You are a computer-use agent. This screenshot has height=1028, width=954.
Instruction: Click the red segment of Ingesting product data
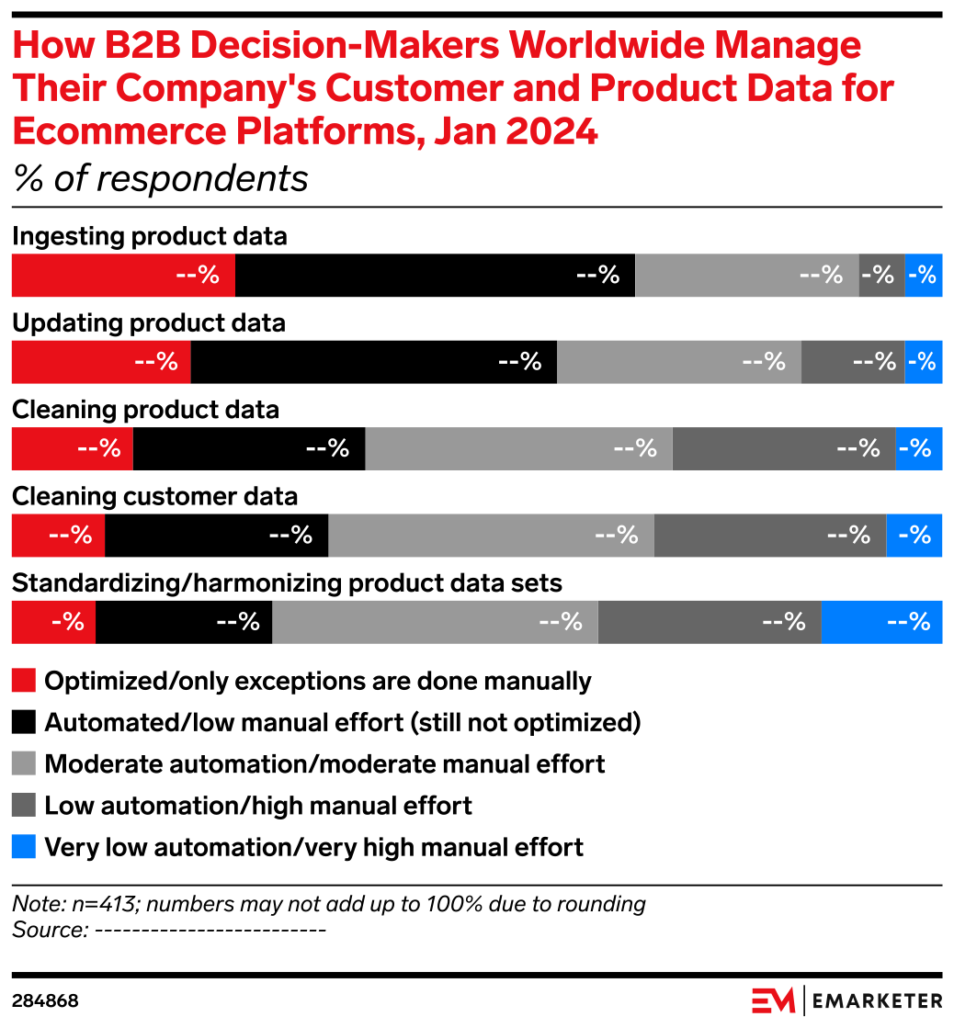pos(122,276)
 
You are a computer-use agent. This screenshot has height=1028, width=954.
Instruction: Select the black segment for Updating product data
pos(373,362)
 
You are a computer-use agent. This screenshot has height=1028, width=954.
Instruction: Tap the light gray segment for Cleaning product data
pos(518,448)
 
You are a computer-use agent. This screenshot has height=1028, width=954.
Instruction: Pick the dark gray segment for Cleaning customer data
pos(769,535)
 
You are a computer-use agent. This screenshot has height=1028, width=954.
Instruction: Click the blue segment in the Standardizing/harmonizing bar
pos(880,622)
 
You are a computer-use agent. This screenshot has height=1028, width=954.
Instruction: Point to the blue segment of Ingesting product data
pos(924,276)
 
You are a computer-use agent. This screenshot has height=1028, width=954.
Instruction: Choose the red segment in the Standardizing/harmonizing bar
pos(52,622)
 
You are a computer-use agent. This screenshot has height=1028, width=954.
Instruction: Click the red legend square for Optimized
pos(23,681)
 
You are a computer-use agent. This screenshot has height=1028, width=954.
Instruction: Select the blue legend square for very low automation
pos(23,846)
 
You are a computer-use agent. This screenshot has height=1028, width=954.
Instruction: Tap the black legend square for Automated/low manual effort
pos(23,722)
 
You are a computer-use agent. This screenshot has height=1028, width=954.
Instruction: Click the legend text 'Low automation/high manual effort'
pos(258,806)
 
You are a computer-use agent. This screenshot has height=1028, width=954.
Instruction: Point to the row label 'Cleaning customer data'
pos(154,497)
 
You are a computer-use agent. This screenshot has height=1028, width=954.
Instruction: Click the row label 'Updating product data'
pos(148,323)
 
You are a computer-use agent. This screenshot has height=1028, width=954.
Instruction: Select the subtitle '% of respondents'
pos(160,178)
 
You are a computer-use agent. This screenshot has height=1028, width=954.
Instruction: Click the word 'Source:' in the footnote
pos(50,929)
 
